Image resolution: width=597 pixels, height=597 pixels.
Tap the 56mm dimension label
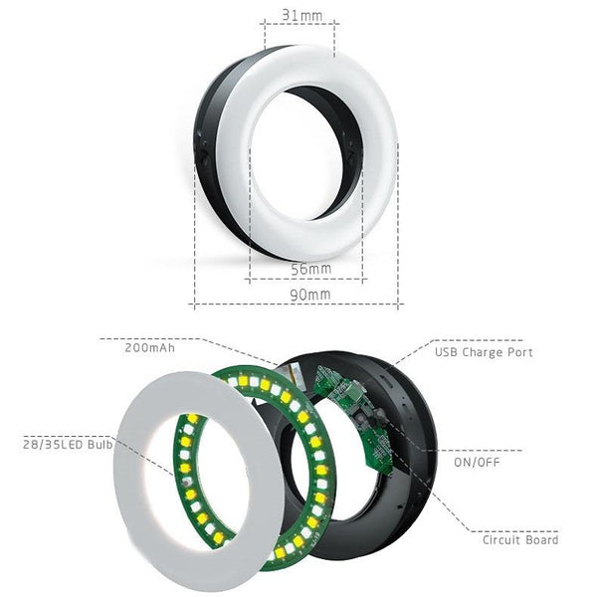[x=311, y=269]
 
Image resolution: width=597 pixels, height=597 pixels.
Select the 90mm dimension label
[x=310, y=295]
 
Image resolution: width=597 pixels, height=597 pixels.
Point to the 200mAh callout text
[x=149, y=348]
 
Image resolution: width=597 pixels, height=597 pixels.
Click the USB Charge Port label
[x=484, y=352]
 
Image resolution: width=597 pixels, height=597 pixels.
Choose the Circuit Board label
[x=520, y=539]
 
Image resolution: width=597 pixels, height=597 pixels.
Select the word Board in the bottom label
[x=541, y=539]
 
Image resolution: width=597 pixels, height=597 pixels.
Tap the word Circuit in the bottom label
[x=502, y=539]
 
